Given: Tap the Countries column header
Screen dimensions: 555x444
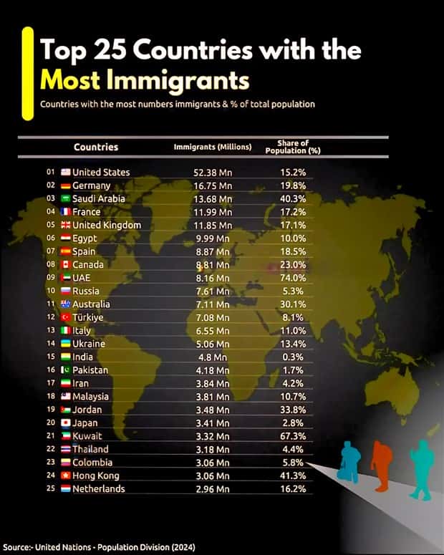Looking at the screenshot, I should [x=96, y=147].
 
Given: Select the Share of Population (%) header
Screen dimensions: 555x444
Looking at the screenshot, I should [x=292, y=147].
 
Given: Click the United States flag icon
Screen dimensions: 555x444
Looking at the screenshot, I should [x=65, y=173].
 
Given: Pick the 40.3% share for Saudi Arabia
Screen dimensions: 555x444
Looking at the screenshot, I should [x=292, y=199].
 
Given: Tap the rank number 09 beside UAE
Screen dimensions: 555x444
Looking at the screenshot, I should [x=50, y=278].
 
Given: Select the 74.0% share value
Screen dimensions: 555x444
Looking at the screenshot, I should [x=292, y=278].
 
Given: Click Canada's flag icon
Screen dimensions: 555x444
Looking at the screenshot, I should [x=65, y=265].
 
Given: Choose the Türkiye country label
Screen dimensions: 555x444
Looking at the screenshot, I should [x=88, y=317].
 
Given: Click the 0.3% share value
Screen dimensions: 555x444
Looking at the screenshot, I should [x=292, y=357].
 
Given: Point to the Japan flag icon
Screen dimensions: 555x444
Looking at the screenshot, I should [x=65, y=423].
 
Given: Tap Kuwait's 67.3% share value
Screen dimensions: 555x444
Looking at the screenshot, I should [x=292, y=436].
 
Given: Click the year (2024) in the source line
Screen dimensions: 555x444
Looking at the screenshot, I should [x=182, y=547].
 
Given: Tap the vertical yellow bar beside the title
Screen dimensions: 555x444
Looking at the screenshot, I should [x=27, y=72].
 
